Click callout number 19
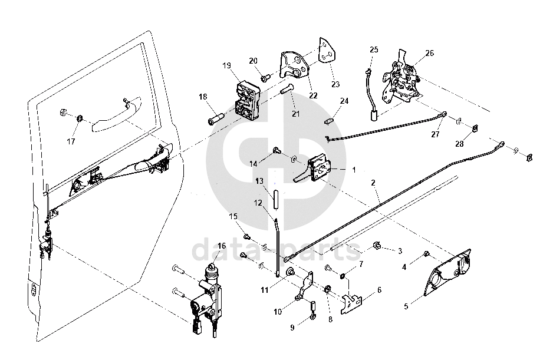pyautogui.click(x=227, y=65)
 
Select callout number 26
pyautogui.click(x=429, y=53)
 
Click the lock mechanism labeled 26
pyautogui.click(x=403, y=82)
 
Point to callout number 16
pyautogui.click(x=221, y=246)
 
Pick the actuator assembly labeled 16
pyautogui.click(x=206, y=295)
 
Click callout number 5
pyautogui.click(x=406, y=306)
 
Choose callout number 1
pyautogui.click(x=354, y=169)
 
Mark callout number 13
pyautogui.click(x=259, y=181)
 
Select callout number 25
pyautogui.click(x=373, y=49)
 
